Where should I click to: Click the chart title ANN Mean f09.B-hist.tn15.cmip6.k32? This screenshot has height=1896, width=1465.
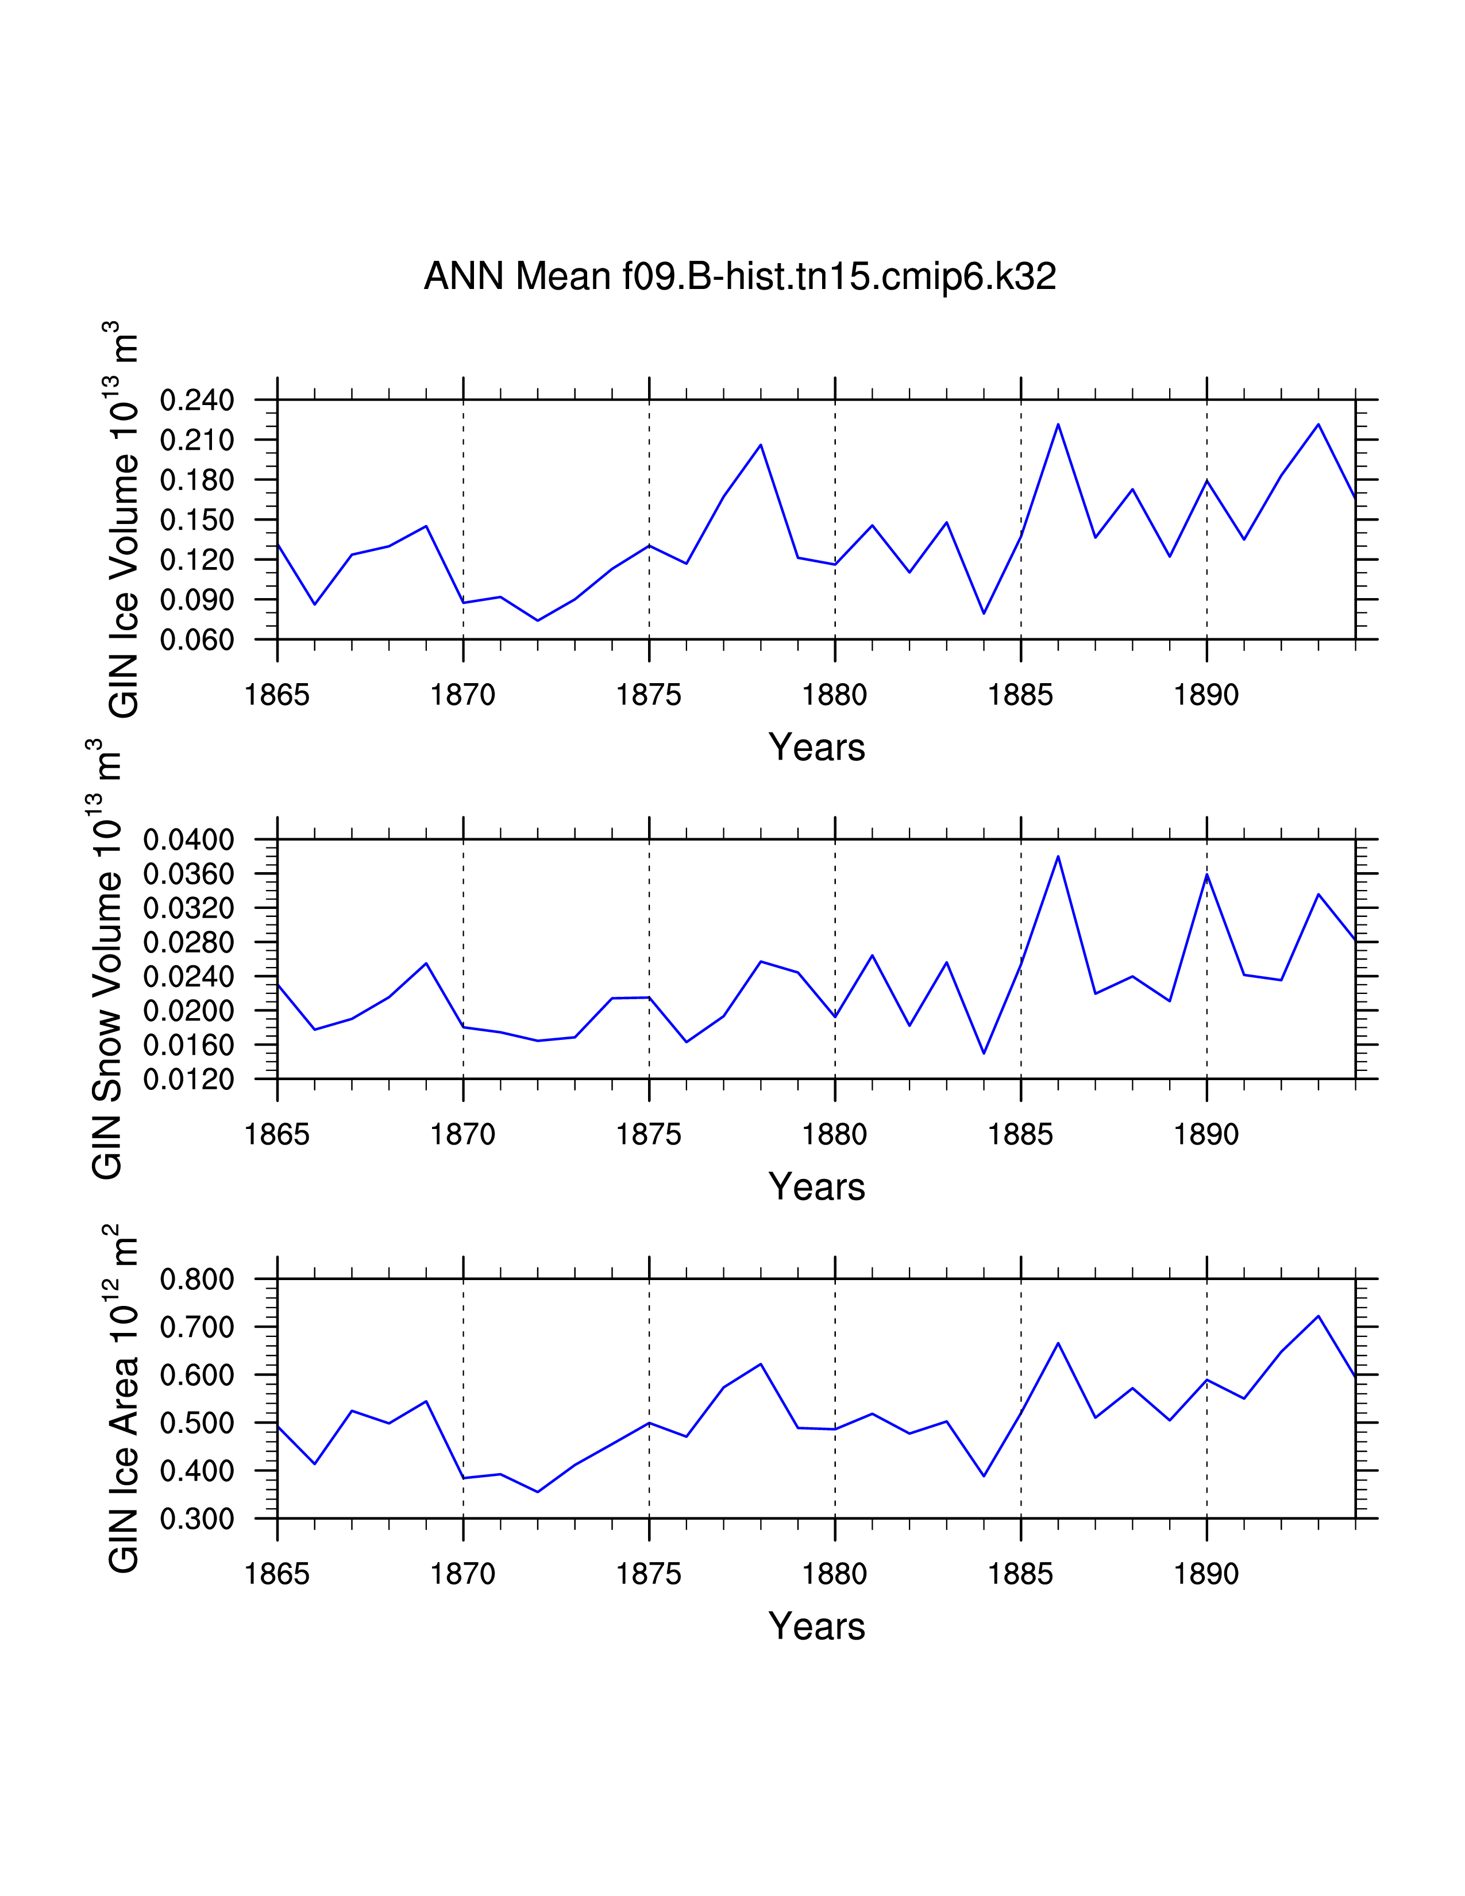pos(739,277)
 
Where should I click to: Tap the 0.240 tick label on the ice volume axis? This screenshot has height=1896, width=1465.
pos(197,400)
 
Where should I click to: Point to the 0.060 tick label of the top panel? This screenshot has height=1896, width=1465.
pos(197,640)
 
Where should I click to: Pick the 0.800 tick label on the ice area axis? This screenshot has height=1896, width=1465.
pos(197,1279)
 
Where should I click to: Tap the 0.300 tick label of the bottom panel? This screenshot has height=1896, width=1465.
pos(197,1519)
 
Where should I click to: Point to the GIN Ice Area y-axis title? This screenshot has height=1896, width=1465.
pos(121,1398)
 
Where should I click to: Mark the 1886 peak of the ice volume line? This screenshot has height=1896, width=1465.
pos(1058,425)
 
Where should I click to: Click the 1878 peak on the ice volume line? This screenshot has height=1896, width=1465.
pos(760,445)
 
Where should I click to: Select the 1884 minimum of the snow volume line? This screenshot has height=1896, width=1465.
pos(984,1053)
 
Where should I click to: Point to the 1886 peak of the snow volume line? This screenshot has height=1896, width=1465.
pos(1058,857)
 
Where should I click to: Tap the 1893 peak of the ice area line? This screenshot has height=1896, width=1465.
pos(1318,1316)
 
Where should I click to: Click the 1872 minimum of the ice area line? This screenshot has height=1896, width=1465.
pos(538,1492)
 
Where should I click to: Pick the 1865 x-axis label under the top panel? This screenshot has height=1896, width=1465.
pos(277,695)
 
